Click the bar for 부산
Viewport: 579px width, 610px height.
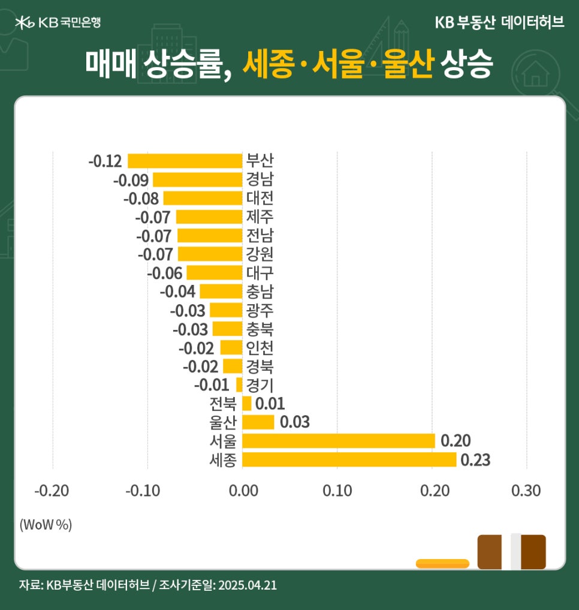185,161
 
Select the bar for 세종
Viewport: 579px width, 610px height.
349,459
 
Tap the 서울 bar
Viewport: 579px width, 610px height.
338,441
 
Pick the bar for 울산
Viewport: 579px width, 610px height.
258,422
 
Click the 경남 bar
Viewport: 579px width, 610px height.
197,179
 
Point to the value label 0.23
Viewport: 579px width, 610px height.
474,460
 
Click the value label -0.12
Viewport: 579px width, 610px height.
105,161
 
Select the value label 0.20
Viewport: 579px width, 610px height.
455,441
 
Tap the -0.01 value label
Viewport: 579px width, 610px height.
211,384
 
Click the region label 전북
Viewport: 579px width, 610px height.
222,403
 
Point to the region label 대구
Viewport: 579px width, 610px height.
260,273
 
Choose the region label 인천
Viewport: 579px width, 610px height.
260,347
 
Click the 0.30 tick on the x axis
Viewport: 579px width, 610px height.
526,491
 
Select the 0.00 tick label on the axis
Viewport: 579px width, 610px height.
242,491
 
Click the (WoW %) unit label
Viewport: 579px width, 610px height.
46,524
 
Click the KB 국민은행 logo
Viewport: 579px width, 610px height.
58,23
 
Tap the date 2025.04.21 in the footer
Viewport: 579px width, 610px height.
247,585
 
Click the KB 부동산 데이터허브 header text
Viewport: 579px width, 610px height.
499,23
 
